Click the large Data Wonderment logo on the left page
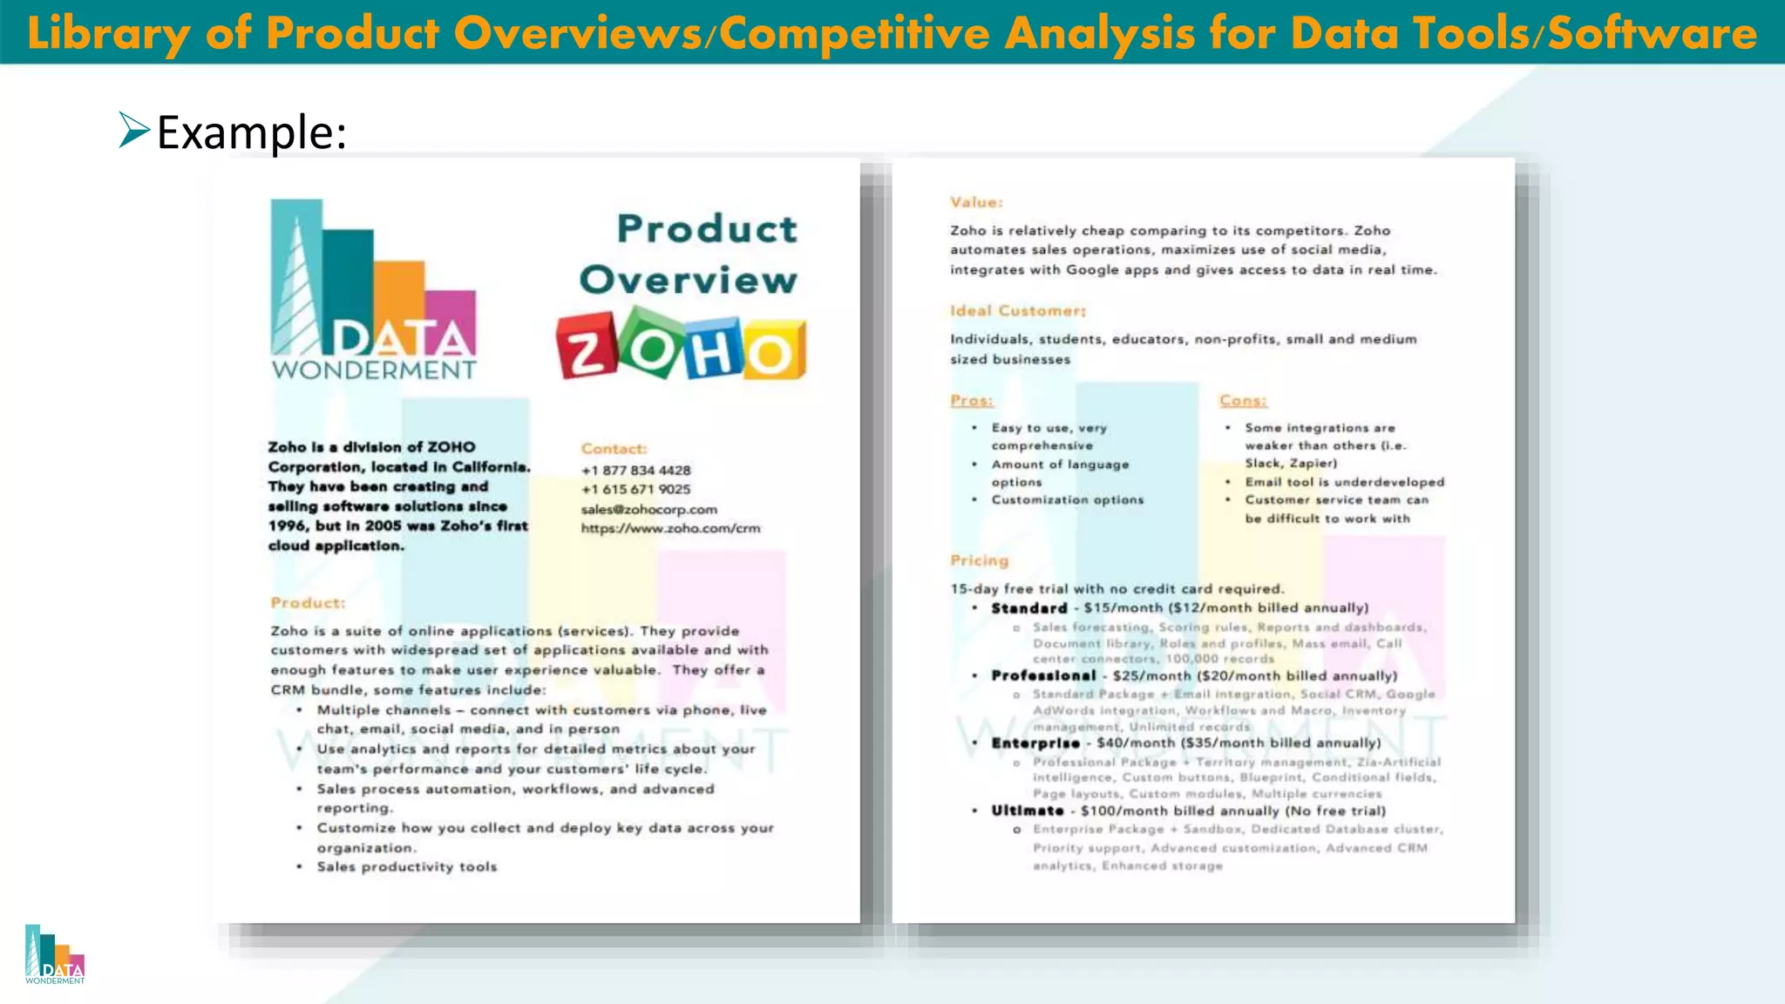[x=374, y=290]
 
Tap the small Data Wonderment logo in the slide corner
[x=55, y=955]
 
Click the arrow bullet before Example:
[x=134, y=131]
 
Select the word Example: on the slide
[x=252, y=132]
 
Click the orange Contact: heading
[x=614, y=449]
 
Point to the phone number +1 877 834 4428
[x=636, y=471]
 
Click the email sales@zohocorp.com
[x=649, y=509]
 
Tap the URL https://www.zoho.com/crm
[x=671, y=528]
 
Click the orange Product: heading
[x=308, y=603]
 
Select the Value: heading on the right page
[x=976, y=202]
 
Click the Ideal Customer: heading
[x=1018, y=311]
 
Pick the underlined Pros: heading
[x=972, y=401]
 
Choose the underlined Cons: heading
[x=1243, y=401]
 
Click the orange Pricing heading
[x=980, y=560]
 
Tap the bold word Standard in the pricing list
[x=1029, y=608]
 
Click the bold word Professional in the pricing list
[x=1043, y=675]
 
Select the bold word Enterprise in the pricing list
[x=1035, y=743]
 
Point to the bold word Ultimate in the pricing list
[x=1028, y=811]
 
